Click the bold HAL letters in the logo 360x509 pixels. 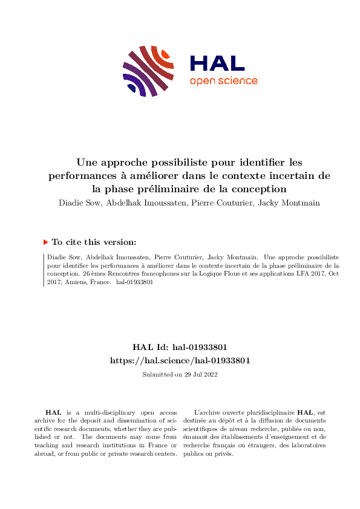(217, 63)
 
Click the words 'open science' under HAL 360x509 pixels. (223, 81)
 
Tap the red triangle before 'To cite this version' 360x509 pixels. (45, 242)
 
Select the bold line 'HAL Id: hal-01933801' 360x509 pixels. (180, 347)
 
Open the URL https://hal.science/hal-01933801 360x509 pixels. (180, 360)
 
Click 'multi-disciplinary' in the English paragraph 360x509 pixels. (98, 412)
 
